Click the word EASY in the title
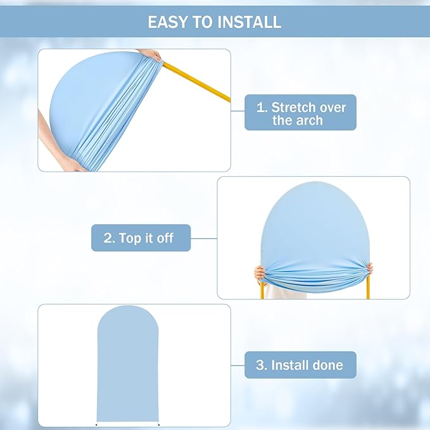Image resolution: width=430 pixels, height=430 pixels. (167, 22)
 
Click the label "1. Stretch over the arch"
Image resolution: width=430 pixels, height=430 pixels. (300, 113)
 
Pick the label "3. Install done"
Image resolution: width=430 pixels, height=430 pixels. (300, 365)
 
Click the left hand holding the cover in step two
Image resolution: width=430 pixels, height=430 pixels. (260, 273)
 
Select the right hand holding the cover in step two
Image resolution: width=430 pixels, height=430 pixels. (369, 269)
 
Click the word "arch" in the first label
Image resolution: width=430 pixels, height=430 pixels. (308, 120)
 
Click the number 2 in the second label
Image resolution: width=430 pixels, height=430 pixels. (108, 238)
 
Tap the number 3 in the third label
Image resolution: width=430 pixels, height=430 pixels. (261, 365)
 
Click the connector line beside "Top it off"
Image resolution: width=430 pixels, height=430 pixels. (204, 238)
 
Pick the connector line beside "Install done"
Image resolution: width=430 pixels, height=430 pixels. (237, 365)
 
